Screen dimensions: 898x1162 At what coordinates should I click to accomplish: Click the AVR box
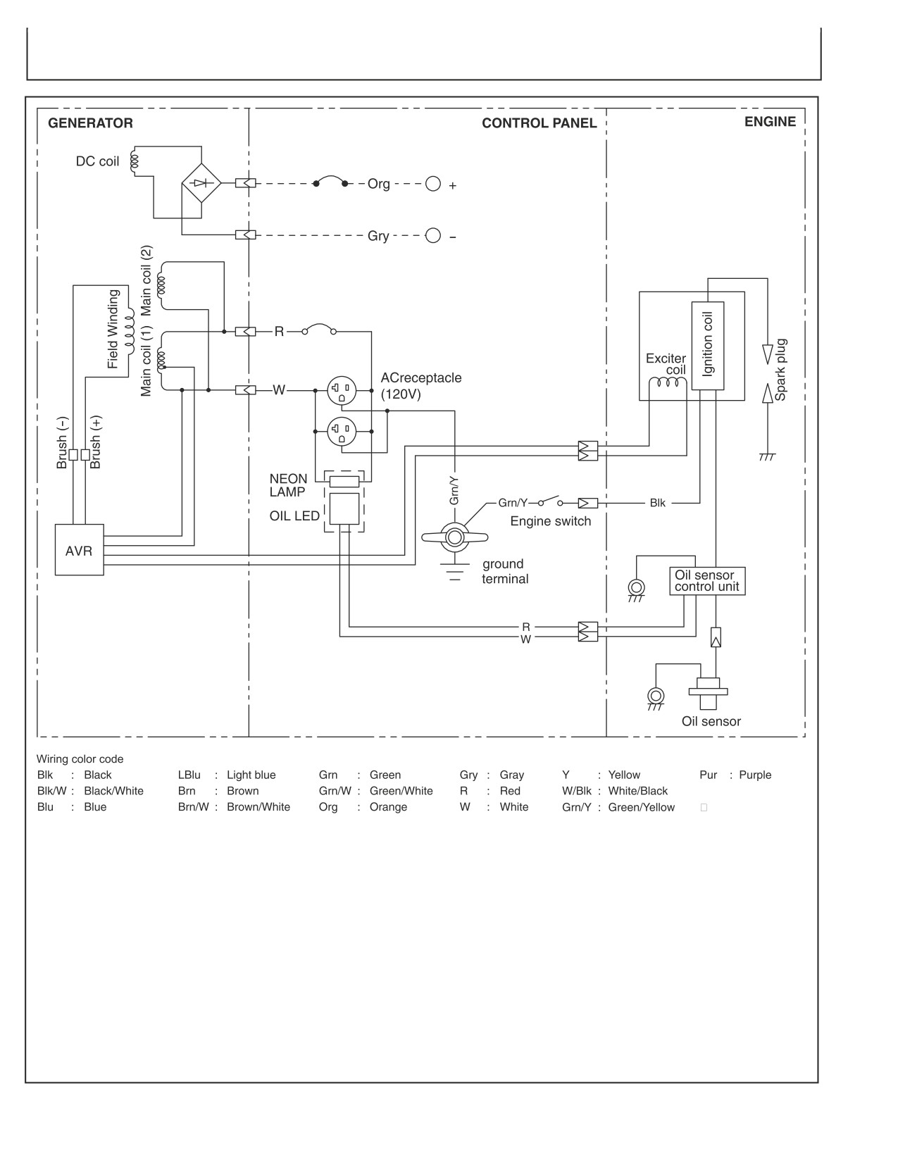click(x=79, y=550)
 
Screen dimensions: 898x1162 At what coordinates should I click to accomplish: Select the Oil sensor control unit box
click(x=706, y=581)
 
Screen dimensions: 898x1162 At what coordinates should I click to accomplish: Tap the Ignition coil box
click(x=708, y=346)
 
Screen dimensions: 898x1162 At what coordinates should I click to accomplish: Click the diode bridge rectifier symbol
click(x=201, y=183)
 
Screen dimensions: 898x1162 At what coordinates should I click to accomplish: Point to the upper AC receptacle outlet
click(x=342, y=390)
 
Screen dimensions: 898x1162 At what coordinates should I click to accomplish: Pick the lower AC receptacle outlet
click(x=342, y=431)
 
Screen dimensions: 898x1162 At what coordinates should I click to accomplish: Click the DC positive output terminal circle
click(x=432, y=183)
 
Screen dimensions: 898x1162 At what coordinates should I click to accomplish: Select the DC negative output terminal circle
click(x=432, y=235)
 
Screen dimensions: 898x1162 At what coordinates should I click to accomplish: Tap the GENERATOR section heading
click(x=90, y=123)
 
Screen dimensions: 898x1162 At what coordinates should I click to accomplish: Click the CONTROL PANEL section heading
click(x=539, y=123)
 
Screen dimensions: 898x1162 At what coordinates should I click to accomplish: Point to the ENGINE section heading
click(x=771, y=121)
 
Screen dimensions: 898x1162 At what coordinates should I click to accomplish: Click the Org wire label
click(x=379, y=184)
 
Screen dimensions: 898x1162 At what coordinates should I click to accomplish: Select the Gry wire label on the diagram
click(x=378, y=236)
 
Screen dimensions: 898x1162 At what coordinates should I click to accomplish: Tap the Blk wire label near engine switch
click(x=657, y=503)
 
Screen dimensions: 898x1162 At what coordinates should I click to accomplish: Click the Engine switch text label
click(x=550, y=521)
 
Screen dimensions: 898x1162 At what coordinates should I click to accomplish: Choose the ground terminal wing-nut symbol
click(x=454, y=537)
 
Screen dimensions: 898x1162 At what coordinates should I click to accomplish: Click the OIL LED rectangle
click(x=344, y=508)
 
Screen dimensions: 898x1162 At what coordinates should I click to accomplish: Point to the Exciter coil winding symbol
click(x=668, y=382)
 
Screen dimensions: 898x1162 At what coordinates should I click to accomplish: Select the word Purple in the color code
click(x=755, y=775)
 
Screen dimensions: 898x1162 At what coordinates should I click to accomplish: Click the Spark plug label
click(x=780, y=370)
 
